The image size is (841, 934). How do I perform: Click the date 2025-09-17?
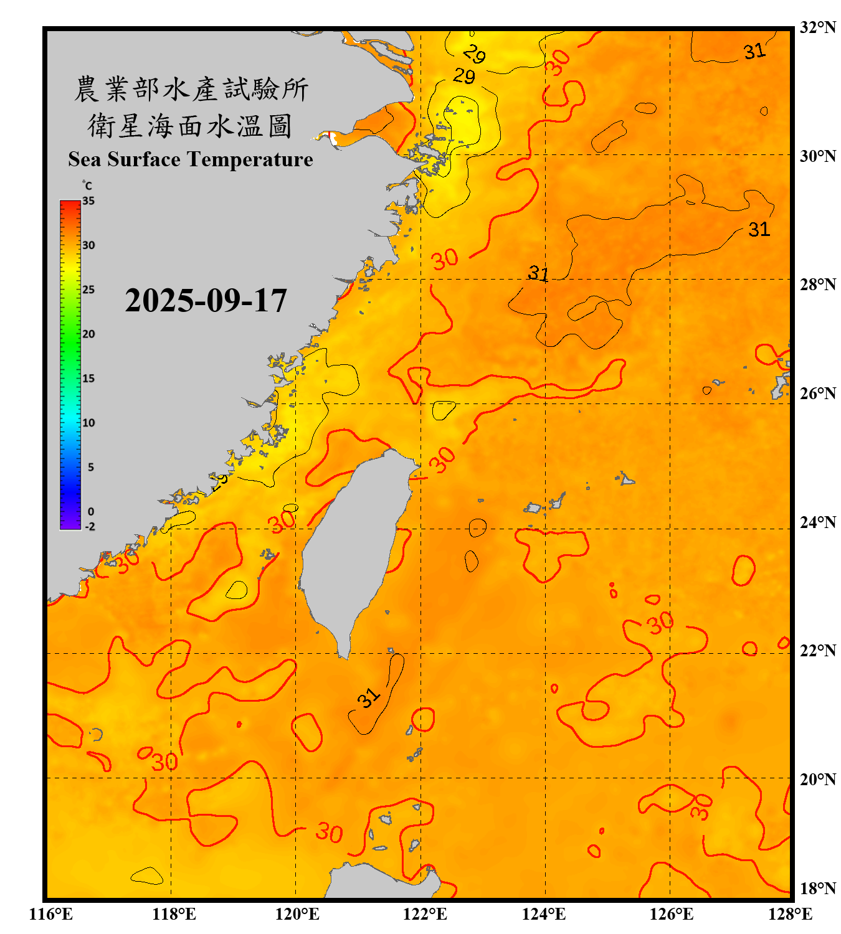pyautogui.click(x=206, y=301)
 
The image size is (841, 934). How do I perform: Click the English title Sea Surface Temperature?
pyautogui.click(x=191, y=159)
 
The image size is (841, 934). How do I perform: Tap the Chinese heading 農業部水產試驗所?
pyautogui.click(x=191, y=89)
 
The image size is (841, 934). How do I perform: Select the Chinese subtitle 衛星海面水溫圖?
pyautogui.click(x=190, y=126)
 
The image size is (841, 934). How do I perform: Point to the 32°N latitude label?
pyautogui.click(x=817, y=27)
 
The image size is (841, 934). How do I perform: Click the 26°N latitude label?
pyautogui.click(x=817, y=394)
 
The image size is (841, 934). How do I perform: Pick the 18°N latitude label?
pyautogui.click(x=817, y=889)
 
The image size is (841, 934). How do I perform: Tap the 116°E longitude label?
pyautogui.click(x=50, y=914)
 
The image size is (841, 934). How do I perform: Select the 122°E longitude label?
pyautogui.click(x=425, y=914)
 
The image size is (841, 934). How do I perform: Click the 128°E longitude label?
pyautogui.click(x=790, y=914)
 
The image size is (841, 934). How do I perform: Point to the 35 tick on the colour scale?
pyautogui.click(x=88, y=201)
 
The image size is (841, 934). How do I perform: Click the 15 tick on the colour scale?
pyautogui.click(x=88, y=379)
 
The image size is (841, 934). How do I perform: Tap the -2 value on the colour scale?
pyautogui.click(x=90, y=527)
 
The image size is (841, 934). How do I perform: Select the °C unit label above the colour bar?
pyautogui.click(x=87, y=186)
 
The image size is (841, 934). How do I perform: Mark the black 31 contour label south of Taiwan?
pyautogui.click(x=369, y=698)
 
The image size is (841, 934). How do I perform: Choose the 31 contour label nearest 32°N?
pyautogui.click(x=754, y=52)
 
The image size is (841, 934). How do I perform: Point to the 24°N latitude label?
pyautogui.click(x=817, y=522)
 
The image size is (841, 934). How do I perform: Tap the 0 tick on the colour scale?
pyautogui.click(x=91, y=512)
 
